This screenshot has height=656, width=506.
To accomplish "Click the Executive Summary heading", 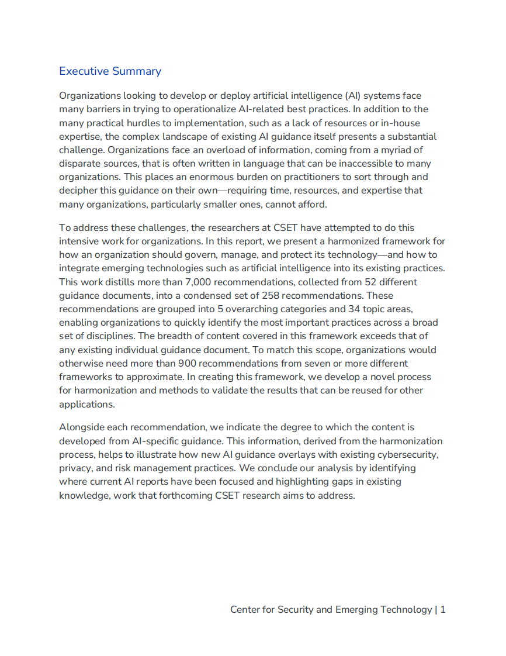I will [110, 71].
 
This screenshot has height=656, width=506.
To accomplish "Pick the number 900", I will [188, 363].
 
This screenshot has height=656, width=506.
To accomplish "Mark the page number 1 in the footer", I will [443, 609].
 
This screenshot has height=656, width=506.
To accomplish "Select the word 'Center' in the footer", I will [245, 609].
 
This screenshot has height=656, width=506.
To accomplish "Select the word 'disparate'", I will [79, 163].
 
